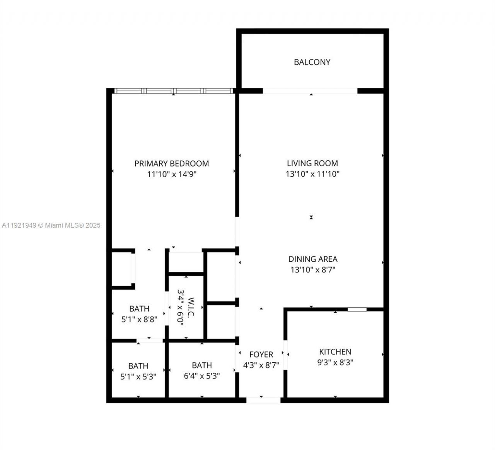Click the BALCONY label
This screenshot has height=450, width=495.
[x=312, y=62]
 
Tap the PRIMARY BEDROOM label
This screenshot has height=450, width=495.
[x=172, y=164]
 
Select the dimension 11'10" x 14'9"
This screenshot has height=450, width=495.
[x=172, y=174]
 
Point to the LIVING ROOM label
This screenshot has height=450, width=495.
[x=312, y=164]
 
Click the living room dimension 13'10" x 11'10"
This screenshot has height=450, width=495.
[x=312, y=174]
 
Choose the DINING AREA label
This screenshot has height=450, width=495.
[x=313, y=259]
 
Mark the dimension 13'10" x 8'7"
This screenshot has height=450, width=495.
[x=313, y=270]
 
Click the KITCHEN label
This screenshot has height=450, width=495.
[x=335, y=352]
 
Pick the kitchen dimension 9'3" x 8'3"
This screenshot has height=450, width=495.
[x=335, y=363]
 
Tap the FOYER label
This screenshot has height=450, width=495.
[x=261, y=355]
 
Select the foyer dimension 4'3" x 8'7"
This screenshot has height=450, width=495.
[x=261, y=365]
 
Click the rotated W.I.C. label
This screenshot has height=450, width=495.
[x=191, y=307]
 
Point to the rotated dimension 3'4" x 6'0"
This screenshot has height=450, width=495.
[x=181, y=307]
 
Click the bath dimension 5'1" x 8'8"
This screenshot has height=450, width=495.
[x=139, y=320]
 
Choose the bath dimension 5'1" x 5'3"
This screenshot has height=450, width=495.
[x=138, y=377]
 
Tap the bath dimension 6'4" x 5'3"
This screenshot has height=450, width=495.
[x=202, y=376]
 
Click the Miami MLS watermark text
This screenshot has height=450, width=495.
[x=51, y=225]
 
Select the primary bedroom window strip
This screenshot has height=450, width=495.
[x=174, y=91]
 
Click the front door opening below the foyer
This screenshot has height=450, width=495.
[x=263, y=400]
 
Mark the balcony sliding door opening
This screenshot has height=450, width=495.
[x=310, y=91]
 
